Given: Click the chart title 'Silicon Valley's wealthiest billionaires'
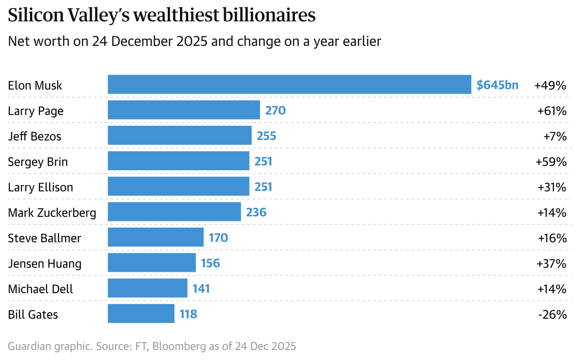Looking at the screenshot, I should tap(162, 16).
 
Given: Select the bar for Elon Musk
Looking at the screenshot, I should tap(289, 85).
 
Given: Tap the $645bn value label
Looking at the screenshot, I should tap(497, 85).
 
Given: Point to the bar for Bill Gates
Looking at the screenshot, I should tap(141, 314).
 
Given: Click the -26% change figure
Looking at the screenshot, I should tap(552, 314).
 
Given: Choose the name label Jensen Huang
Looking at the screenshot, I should tap(45, 264).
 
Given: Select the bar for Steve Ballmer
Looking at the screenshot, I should tap(155, 237).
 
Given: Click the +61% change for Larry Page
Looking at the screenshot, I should tap(552, 111).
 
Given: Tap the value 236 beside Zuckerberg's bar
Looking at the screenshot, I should tap(256, 212).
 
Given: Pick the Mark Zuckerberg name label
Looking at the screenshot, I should tap(52, 213).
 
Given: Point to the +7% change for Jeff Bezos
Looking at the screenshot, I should tap(555, 136).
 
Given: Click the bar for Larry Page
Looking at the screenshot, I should tap(184, 110).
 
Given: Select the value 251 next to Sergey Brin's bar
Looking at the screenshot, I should tap(263, 161).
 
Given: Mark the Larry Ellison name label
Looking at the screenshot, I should tap(40, 187).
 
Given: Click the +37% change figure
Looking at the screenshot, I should tap(552, 263).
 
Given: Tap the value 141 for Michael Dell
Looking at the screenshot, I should tap(201, 289).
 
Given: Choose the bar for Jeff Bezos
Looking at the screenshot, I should tap(180, 135).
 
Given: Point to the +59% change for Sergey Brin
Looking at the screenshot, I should tap(552, 162).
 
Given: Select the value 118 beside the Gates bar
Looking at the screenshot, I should tap(188, 314).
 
